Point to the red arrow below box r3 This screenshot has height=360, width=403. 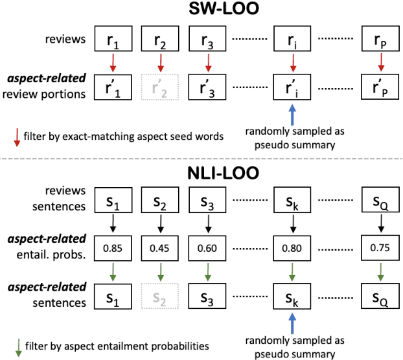point(207,62)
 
